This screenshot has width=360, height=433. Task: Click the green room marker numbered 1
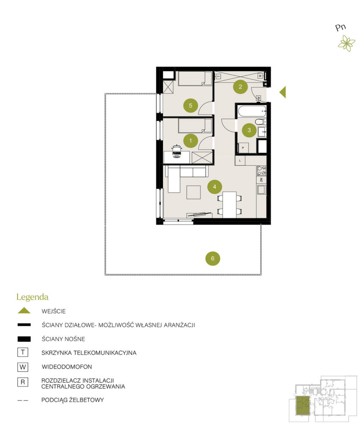(x=190, y=141)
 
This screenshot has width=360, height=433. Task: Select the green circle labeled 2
(x=240, y=87)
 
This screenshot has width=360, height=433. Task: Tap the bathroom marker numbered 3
(x=249, y=130)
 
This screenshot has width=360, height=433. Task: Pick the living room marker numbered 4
(x=214, y=187)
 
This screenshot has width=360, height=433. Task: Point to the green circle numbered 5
(x=191, y=105)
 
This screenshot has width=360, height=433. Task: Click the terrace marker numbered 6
(x=213, y=258)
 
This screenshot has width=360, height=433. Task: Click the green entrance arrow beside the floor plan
(x=282, y=92)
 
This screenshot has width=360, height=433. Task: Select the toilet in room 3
(x=260, y=122)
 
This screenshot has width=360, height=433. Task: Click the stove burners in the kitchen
(x=261, y=170)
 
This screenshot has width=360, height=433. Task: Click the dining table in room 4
(x=230, y=205)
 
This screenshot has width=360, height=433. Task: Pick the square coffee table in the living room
(x=193, y=192)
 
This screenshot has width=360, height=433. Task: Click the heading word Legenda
(x=33, y=297)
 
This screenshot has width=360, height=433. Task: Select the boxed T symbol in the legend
(x=23, y=352)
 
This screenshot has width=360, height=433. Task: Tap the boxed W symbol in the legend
(x=23, y=367)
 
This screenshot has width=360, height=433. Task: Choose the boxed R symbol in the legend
(x=23, y=382)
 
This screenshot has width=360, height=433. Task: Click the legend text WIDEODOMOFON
(x=67, y=367)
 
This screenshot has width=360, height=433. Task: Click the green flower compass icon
(x=346, y=44)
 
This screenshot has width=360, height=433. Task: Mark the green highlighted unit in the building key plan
(x=303, y=406)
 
